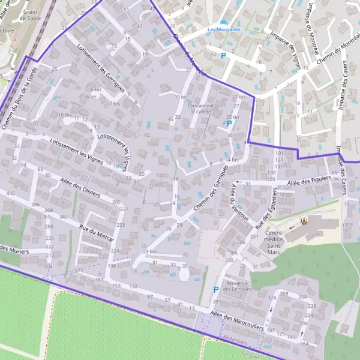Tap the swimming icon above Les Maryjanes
tap(223, 21)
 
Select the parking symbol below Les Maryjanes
tap(223, 56)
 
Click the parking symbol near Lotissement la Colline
tap(228, 124)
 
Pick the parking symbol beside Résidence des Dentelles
tap(216, 289)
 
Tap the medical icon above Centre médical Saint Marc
tap(304, 220)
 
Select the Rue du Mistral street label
tap(96, 233)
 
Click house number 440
tap(10, 193)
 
